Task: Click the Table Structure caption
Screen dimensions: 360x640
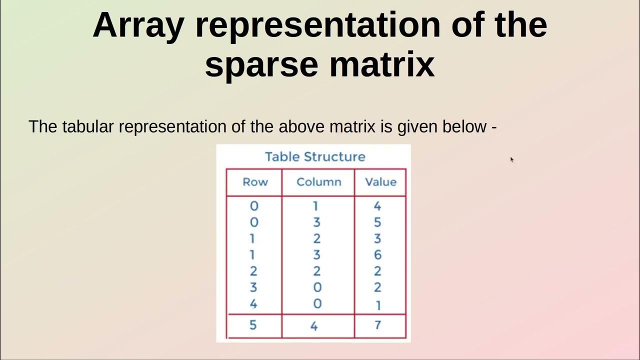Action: tap(315, 156)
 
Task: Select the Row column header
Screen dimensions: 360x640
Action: tap(255, 182)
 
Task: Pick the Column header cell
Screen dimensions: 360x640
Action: tap(318, 182)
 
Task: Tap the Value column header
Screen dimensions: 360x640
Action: tap(380, 182)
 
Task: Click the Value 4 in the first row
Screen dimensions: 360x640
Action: tap(377, 206)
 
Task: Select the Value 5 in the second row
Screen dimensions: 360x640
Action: tap(377, 222)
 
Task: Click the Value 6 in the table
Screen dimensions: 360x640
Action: tap(377, 255)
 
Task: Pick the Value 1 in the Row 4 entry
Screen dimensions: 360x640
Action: tap(378, 304)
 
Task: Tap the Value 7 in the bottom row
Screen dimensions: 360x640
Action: tap(377, 325)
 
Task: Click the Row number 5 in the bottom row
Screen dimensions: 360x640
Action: tap(253, 325)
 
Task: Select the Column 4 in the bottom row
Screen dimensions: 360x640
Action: tap(314, 326)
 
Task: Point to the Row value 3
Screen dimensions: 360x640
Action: tap(253, 287)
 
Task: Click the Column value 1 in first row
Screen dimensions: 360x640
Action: tap(316, 206)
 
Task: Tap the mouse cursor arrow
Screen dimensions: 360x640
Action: tap(512, 159)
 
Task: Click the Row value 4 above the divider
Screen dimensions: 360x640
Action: tap(253, 304)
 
